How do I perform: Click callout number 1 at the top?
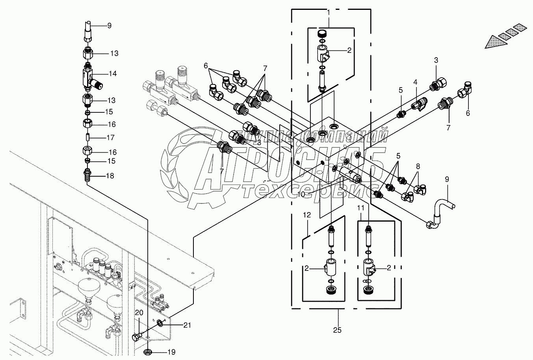point(328,13)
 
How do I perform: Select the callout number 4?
point(415,82)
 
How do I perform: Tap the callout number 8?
point(418,166)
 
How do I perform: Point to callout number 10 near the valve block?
point(301,194)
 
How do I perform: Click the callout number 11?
point(361,207)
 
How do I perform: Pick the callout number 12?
point(307,215)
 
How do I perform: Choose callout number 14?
point(113,73)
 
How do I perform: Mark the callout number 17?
point(110,138)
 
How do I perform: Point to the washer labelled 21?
point(160,323)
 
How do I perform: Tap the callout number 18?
point(110,176)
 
